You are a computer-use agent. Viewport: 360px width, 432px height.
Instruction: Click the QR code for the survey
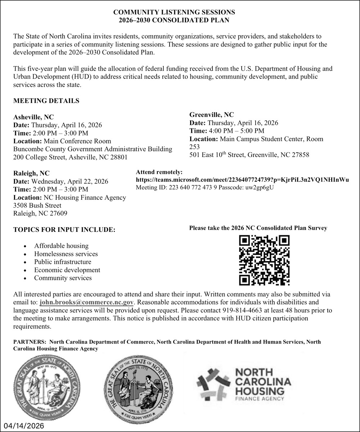pyautogui.click(x=265, y=260)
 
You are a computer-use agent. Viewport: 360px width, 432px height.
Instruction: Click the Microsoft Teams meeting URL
pyautogui.click(x=242, y=180)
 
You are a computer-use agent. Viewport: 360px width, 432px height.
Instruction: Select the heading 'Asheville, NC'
pyautogui.click(x=33, y=117)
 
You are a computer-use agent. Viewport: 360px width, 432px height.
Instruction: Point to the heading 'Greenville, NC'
pyautogui.click(x=212, y=115)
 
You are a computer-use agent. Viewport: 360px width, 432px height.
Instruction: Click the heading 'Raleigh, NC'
pyautogui.click(x=31, y=173)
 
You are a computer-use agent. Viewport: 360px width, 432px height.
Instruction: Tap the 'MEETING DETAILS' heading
pyautogui.click(x=46, y=101)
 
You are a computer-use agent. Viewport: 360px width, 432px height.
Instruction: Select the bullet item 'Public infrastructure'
pyautogui.click(x=63, y=262)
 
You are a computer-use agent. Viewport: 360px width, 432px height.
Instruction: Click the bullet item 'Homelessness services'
pyautogui.click(x=66, y=254)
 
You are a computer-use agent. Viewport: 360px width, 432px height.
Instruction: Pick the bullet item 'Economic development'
pyautogui.click(x=67, y=270)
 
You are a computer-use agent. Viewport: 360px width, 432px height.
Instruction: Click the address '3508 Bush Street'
pyautogui.click(x=37, y=205)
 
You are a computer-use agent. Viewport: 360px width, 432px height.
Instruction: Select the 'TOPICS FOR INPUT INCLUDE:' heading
pyautogui.click(x=64, y=230)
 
